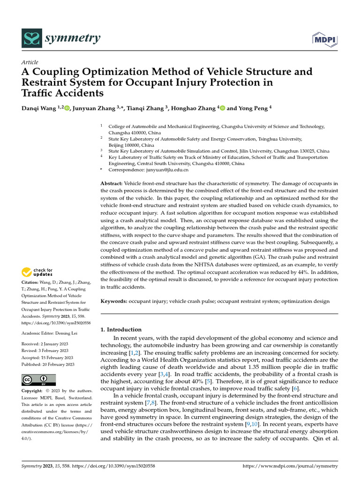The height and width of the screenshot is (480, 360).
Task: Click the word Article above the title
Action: tap(30, 62)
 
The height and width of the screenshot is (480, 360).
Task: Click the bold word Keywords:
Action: tap(114, 301)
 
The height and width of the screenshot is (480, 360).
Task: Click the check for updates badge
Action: tap(37, 271)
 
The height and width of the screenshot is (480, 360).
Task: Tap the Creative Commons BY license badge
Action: tap(38, 380)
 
